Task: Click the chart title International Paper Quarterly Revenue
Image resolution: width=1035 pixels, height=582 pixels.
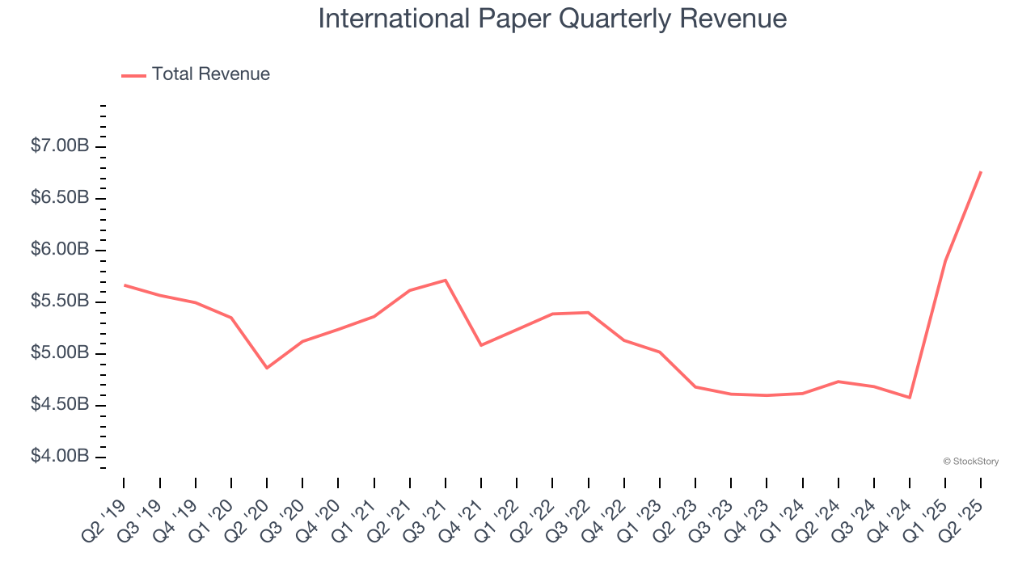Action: (552, 19)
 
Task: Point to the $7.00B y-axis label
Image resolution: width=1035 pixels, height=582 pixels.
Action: (60, 146)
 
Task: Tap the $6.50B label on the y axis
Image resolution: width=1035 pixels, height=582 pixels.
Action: (60, 198)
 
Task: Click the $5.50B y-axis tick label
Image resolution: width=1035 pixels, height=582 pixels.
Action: (60, 302)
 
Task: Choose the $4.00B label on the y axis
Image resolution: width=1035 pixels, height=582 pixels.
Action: (60, 457)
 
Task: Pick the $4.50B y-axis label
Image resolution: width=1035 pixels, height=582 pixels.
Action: (60, 405)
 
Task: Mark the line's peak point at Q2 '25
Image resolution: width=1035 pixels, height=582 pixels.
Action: (981, 171)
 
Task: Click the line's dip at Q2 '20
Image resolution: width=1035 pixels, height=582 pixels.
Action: (267, 368)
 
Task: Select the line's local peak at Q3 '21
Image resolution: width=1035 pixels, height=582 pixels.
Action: (446, 280)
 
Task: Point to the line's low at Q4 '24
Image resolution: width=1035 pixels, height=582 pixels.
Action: (910, 398)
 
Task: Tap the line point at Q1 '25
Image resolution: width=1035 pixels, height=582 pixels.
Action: (945, 260)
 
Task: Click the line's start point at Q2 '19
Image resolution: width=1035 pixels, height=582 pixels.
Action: (125, 285)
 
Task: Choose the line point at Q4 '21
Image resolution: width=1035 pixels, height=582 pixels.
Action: (481, 345)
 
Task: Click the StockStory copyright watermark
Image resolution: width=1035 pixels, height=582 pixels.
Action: (970, 462)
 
